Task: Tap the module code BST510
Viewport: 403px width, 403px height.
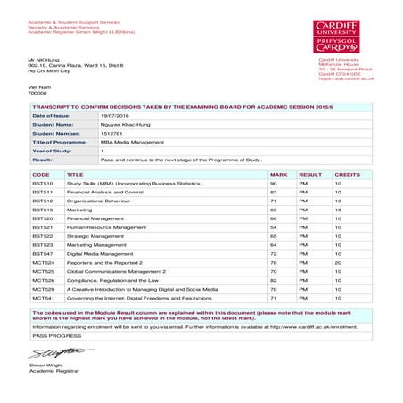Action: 43,184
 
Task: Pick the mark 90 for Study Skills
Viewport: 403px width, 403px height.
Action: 275,184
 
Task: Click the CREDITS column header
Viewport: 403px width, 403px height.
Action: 346,175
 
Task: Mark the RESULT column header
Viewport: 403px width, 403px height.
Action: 309,175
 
